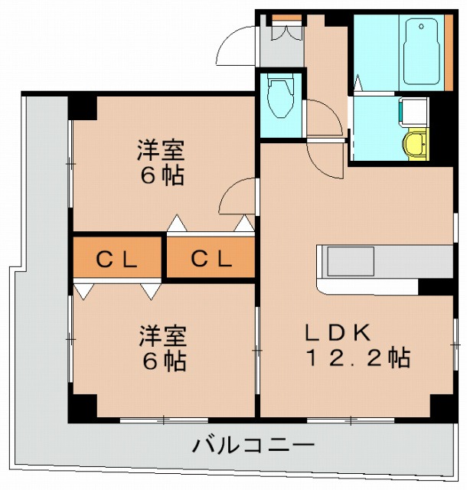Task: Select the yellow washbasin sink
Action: point(416,143)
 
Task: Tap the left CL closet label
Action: point(116,260)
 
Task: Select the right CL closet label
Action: point(211,260)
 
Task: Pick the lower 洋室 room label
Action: point(162,335)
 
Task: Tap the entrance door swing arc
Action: point(235,48)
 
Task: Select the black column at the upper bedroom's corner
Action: point(83,106)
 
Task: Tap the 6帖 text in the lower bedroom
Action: point(162,361)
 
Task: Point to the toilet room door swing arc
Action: point(324,118)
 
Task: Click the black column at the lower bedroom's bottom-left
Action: point(82,407)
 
